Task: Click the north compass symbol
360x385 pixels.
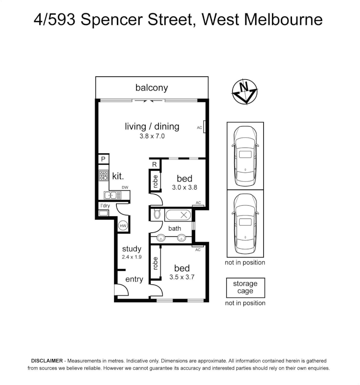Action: click(245, 92)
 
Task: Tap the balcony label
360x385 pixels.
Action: click(151, 88)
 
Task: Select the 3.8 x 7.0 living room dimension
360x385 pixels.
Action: click(152, 136)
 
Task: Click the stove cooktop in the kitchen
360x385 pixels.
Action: click(104, 175)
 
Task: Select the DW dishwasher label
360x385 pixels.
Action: click(125, 188)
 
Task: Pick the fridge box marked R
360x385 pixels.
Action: click(155, 164)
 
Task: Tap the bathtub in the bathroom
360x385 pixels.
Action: click(178, 215)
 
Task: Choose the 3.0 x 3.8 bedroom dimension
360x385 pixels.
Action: click(184, 188)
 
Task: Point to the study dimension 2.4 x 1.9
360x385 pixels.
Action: click(131, 257)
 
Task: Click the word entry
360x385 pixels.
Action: click(134, 279)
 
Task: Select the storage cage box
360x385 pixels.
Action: click(245, 288)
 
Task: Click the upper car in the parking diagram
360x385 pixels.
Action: click(245, 155)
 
